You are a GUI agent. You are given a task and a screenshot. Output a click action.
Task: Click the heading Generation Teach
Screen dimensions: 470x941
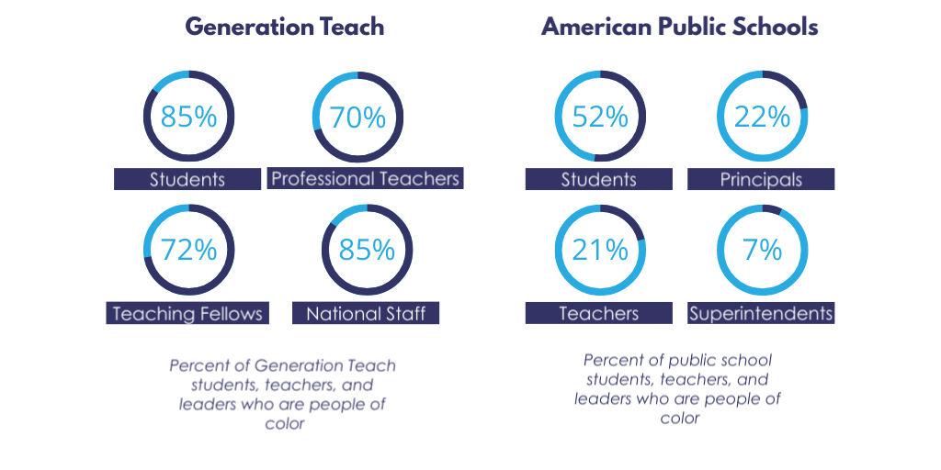tap(285, 27)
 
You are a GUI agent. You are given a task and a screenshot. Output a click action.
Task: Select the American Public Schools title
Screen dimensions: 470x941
tap(679, 27)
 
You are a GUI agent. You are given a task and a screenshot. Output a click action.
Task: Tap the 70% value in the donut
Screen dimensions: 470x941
tap(357, 117)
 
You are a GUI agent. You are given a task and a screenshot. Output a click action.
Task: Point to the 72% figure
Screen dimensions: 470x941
tap(188, 249)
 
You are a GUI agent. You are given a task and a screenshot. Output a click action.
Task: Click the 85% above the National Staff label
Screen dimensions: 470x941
tap(367, 249)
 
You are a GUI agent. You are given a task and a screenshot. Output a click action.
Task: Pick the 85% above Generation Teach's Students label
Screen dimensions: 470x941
tap(188, 117)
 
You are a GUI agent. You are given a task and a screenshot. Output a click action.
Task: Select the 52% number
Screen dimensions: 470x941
tap(600, 117)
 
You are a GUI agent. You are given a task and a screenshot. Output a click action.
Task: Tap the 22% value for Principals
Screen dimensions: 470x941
tap(762, 117)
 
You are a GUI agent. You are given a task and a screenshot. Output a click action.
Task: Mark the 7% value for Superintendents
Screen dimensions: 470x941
tap(762, 249)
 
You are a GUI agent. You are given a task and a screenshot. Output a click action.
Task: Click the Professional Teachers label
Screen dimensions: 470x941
tap(365, 178)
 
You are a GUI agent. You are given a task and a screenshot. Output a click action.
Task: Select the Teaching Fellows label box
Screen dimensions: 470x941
tap(187, 313)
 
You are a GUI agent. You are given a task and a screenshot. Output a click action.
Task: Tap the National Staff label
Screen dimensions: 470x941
tap(366, 313)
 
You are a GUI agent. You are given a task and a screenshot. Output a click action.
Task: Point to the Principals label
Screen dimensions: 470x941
tap(761, 179)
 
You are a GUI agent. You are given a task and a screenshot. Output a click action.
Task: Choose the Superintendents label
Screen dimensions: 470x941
tap(761, 313)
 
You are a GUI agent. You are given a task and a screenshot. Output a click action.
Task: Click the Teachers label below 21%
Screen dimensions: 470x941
tap(599, 313)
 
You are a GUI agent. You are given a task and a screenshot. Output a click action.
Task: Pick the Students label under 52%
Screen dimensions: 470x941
tap(599, 179)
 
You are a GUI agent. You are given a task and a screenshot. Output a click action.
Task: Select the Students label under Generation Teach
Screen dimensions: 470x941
tap(187, 179)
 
